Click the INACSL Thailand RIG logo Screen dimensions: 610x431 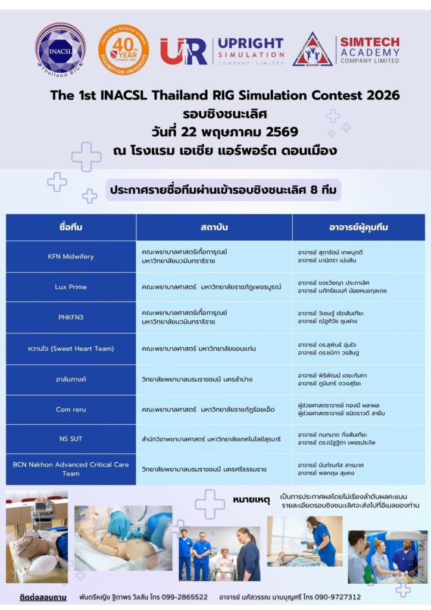tap(60, 49)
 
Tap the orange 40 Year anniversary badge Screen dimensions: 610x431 tap(123, 49)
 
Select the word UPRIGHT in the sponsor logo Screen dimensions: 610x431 tap(250, 43)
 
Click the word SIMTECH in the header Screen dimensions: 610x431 tap(370, 42)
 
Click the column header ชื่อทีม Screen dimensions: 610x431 tap(71, 228)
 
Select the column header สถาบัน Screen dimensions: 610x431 tap(214, 228)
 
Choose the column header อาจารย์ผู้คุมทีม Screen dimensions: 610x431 tap(358, 228)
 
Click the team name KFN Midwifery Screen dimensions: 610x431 tap(71, 257)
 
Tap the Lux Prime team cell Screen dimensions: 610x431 tap(71, 287)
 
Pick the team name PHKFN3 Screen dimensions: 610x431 tap(71, 318)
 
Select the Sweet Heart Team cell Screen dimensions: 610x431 tap(71, 348)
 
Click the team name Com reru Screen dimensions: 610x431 tap(71, 410)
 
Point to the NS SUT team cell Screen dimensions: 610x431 tap(71, 439)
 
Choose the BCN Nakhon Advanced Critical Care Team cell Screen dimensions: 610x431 tap(71, 469)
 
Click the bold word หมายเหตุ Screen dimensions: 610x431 tap(251, 500)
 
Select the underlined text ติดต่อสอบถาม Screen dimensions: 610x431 tap(43, 597)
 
